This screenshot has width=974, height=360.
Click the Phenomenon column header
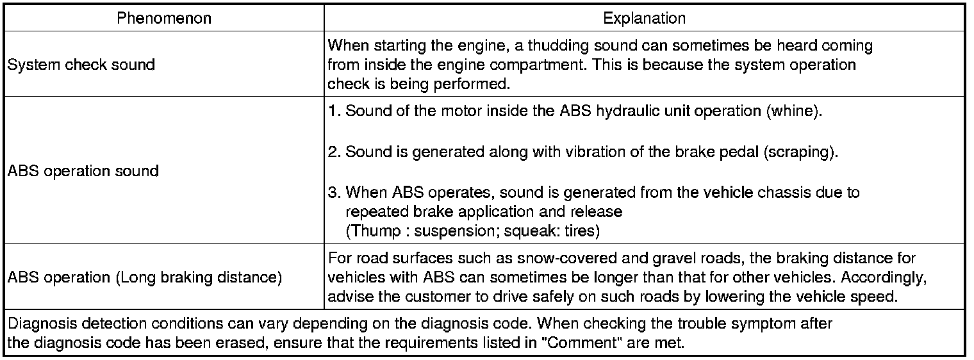point(163,18)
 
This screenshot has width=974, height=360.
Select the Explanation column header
point(644,18)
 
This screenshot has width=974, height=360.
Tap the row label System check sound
point(81,65)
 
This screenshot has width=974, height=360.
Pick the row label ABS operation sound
point(83,171)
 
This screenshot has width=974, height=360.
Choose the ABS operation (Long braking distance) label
point(144,278)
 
